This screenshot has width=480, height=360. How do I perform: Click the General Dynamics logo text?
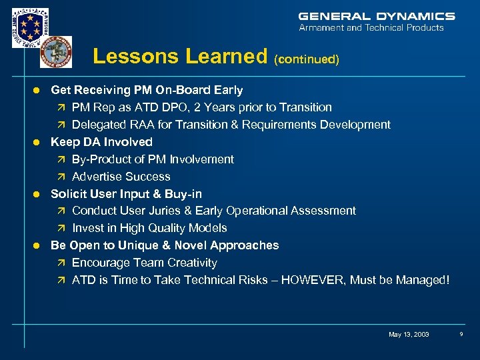[377, 16]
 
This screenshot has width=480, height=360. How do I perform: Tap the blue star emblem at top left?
[30, 27]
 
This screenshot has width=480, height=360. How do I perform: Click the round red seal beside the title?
[56, 52]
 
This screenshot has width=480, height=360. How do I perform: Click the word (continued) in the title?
[307, 59]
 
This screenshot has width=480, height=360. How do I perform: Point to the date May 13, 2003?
[409, 334]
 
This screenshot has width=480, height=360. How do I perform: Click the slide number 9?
[461, 334]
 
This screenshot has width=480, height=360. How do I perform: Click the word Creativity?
[189, 263]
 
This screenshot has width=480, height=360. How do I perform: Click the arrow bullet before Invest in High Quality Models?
[61, 228]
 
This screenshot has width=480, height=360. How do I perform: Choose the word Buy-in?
[183, 194]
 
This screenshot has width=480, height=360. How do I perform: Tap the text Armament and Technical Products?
[371, 28]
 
